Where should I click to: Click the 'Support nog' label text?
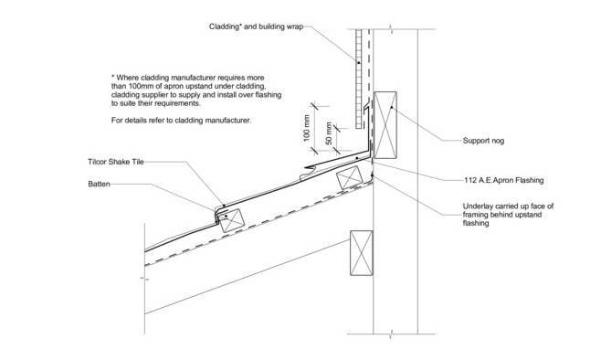[x=483, y=141]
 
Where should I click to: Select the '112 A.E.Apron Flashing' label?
[x=503, y=180]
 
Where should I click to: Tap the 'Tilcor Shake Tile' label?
[x=116, y=162]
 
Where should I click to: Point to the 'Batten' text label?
[x=99, y=184]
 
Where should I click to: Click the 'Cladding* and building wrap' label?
[x=256, y=26]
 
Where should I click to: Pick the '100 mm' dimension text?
[x=307, y=128]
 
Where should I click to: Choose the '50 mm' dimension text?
[x=329, y=133]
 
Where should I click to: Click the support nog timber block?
[x=385, y=125]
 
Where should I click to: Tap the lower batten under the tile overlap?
[x=231, y=220]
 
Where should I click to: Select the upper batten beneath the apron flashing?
[x=349, y=178]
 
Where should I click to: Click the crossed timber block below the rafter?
[x=361, y=253]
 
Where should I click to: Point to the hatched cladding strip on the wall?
[x=358, y=79]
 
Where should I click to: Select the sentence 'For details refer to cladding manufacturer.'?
[x=181, y=121]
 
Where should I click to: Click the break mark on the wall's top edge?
[x=391, y=29]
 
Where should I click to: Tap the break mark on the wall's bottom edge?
[x=391, y=334]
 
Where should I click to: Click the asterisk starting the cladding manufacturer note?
[x=112, y=77]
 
